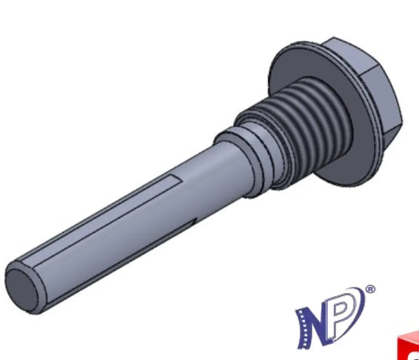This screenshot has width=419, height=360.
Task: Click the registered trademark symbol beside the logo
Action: click(x=370, y=289)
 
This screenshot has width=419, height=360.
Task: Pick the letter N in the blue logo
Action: click(x=314, y=328)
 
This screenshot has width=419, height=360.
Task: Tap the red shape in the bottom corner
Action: click(x=408, y=346)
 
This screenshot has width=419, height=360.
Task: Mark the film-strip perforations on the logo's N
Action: click(x=302, y=329)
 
